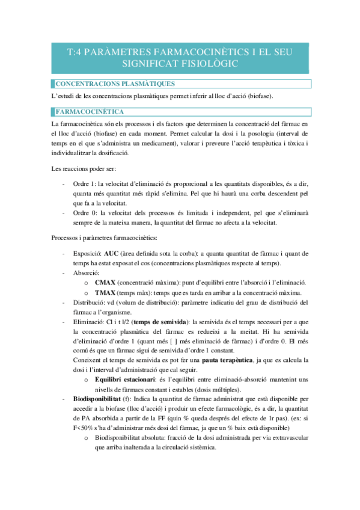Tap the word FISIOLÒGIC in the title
coord(207,63)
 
